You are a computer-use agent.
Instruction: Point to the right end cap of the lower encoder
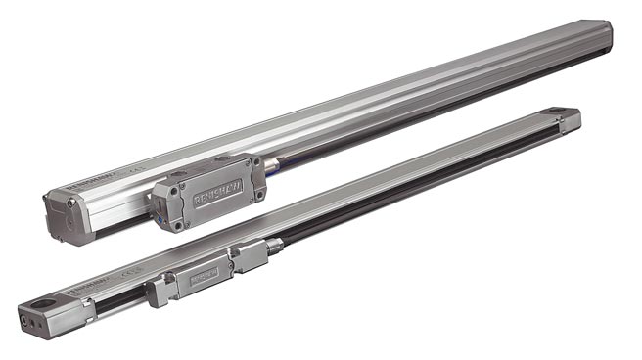point(570,119)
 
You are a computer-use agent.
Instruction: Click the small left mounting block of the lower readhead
point(160,291)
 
